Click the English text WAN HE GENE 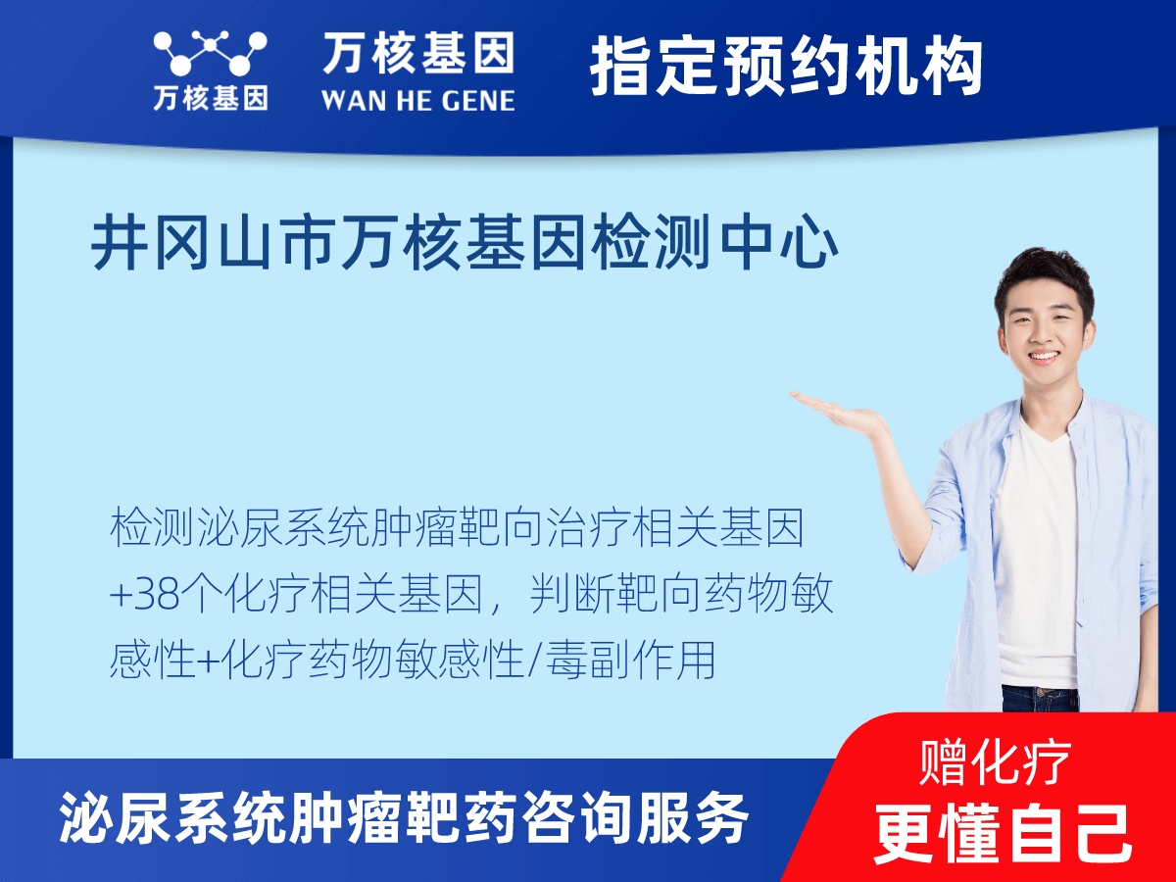tap(417, 99)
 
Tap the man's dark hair tap(1042, 274)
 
